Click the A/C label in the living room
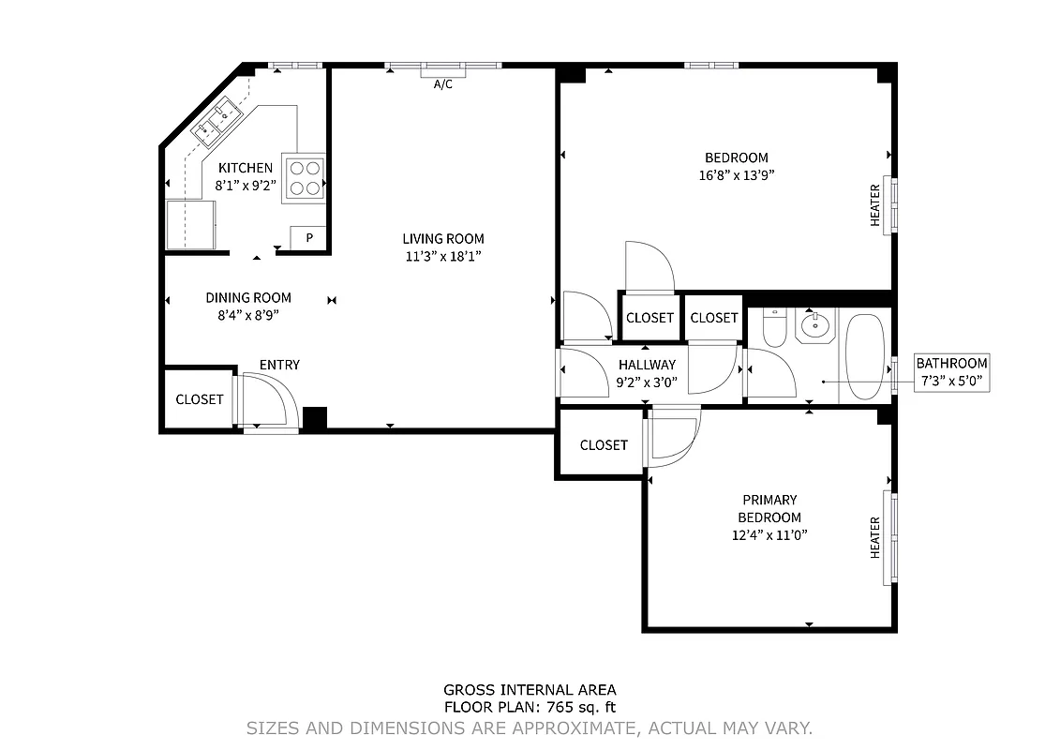[443, 84]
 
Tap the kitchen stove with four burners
[304, 177]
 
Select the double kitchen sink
[216, 123]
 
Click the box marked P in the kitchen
[308, 238]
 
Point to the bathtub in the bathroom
[864, 356]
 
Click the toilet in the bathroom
[774, 330]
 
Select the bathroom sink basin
[814, 328]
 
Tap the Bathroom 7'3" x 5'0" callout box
[951, 372]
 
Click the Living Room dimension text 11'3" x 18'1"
[443, 256]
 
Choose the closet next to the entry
[200, 399]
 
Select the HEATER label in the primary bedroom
[875, 537]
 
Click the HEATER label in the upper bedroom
[875, 204]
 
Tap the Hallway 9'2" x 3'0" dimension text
[647, 382]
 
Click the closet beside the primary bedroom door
[603, 445]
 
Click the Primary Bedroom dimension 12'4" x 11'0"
[769, 535]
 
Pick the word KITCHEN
[246, 168]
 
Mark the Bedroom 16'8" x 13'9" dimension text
[736, 174]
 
